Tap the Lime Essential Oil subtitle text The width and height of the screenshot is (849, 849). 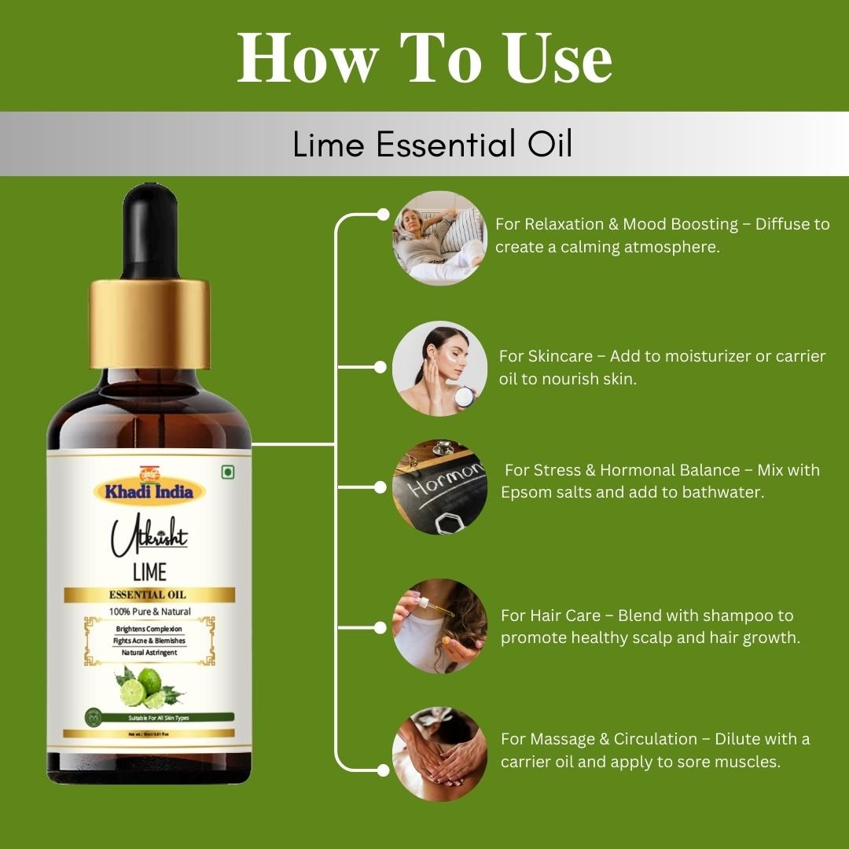click(432, 145)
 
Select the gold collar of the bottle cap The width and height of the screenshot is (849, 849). click(149, 322)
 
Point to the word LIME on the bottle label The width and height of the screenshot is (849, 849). click(149, 571)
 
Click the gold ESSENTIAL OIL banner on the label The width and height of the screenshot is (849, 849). click(149, 594)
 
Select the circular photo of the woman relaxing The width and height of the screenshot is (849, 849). click(439, 238)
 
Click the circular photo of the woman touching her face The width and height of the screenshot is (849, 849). click(439, 368)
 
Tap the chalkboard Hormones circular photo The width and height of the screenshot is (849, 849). click(439, 487)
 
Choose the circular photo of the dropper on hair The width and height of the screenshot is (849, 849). click(439, 626)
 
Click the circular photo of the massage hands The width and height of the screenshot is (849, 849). click(439, 754)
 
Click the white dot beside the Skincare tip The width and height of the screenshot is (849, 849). click(380, 366)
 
